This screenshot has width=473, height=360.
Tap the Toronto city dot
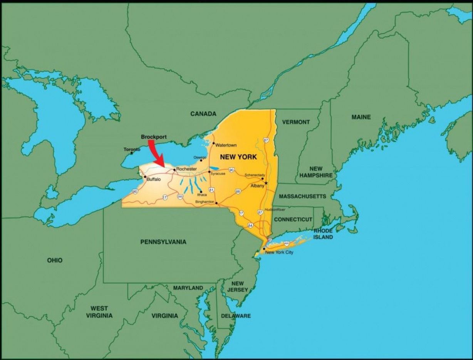[132, 153]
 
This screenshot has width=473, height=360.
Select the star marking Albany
[266, 183]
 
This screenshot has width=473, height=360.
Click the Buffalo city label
[154, 179]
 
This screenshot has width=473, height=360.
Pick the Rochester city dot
[174, 170]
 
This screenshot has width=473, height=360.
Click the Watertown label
[226, 145]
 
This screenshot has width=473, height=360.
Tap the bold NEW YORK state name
[238, 157]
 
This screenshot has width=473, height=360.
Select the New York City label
[279, 252]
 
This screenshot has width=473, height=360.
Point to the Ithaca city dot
[201, 192]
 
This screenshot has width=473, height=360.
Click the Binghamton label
[205, 202]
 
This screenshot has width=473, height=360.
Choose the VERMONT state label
[296, 122]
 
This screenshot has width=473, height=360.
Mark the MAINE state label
[361, 117]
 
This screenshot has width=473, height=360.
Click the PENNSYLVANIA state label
[163, 242]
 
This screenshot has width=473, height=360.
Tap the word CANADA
[203, 114]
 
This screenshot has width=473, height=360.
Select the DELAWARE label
[236, 316]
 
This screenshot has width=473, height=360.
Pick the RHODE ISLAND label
[323, 234]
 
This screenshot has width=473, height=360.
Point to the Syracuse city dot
[209, 172]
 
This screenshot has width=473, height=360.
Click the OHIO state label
[55, 261]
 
